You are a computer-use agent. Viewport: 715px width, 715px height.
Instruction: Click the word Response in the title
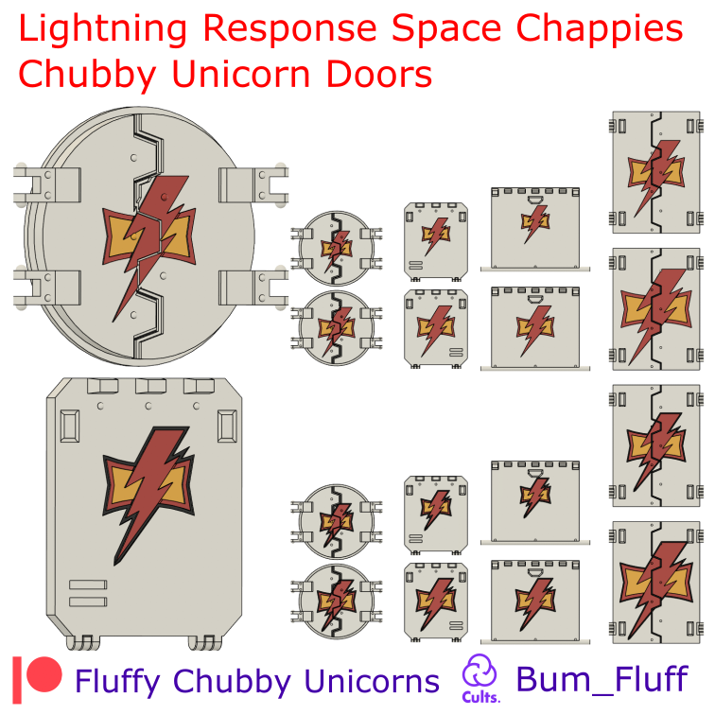(x=290, y=29)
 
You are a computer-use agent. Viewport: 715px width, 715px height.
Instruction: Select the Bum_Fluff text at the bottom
(x=602, y=680)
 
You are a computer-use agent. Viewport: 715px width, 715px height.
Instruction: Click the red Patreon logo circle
(x=44, y=674)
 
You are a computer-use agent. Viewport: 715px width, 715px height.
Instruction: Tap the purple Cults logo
(x=480, y=678)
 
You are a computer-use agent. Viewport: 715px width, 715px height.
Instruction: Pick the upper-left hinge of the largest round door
(x=47, y=185)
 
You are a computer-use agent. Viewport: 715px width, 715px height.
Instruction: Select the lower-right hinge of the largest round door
(x=253, y=288)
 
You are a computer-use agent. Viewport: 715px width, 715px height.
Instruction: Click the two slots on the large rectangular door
(x=88, y=593)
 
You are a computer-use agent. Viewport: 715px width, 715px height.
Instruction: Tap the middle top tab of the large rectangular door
(x=150, y=386)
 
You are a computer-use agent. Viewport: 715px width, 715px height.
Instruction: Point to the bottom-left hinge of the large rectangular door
(x=83, y=643)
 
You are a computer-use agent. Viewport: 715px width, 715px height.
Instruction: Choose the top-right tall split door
(x=655, y=172)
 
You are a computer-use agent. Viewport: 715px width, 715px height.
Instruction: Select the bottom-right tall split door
(x=655, y=583)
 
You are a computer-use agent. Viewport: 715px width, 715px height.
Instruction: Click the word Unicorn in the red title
(x=241, y=74)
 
